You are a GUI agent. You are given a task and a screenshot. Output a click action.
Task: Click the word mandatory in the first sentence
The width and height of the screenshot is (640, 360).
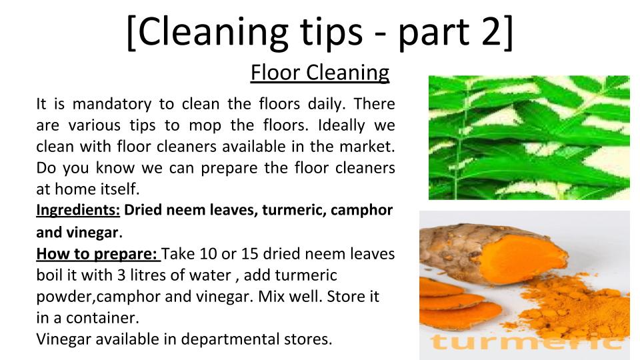[112, 105]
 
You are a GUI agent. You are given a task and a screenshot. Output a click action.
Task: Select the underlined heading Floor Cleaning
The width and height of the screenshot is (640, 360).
[320, 73]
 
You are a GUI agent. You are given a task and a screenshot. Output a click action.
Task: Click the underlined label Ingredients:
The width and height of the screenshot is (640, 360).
[78, 210]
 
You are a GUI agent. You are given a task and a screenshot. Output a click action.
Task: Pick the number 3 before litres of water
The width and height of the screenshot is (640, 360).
[121, 275]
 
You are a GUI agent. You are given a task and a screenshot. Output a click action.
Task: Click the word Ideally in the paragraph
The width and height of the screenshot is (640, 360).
[341, 126]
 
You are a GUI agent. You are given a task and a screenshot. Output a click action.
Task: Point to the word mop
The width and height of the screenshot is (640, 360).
[205, 127]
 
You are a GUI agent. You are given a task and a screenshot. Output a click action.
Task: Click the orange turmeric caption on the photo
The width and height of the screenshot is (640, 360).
[527, 342]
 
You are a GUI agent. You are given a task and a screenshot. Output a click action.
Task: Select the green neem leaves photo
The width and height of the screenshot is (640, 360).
[529, 137]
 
